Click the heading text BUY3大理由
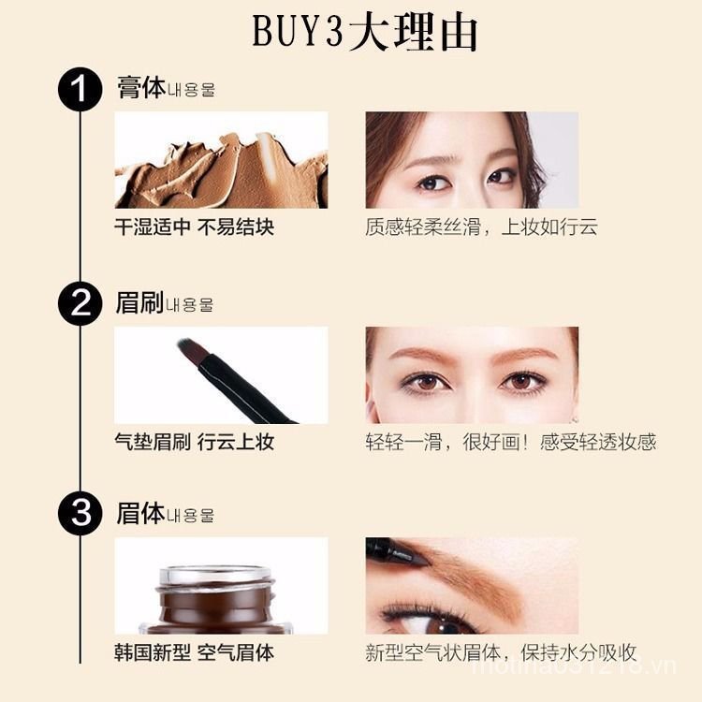(365, 33)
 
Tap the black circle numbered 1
(80, 91)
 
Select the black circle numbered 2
(80, 304)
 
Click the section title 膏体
(140, 89)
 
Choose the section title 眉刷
(140, 302)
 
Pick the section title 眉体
(140, 513)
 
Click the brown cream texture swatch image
(221, 161)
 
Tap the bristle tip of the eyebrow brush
(186, 347)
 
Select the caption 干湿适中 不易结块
(194, 227)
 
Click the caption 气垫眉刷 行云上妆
(194, 442)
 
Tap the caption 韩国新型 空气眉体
(194, 652)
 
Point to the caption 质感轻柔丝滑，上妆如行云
(481, 227)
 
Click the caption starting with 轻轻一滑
(510, 442)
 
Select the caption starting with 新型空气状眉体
(501, 652)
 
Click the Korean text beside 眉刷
(190, 305)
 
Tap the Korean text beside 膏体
(192, 92)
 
